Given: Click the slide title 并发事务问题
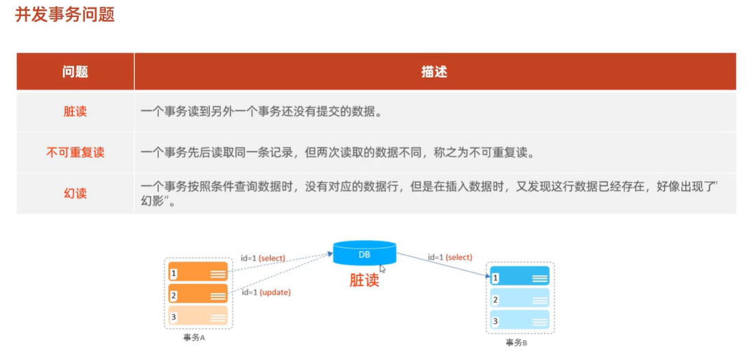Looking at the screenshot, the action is coord(64,15).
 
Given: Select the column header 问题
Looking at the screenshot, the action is coord(75,71).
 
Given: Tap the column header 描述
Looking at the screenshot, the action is coord(434,71).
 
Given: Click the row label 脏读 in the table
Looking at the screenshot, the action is coord(75,112).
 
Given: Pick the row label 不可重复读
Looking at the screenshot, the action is coord(75,152).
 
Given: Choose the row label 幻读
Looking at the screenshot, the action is coord(75,193).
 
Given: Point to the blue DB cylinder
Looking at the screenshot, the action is coord(364,254).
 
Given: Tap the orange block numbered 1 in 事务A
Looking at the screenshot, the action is coord(198,273).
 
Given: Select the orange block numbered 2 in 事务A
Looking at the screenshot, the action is coord(198,294).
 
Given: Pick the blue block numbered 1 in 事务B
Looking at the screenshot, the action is coord(519,278).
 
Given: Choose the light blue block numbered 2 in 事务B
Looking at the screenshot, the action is coord(519,299).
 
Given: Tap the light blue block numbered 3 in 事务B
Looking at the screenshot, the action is coord(519,321).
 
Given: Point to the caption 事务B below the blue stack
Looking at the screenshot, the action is coord(517,343).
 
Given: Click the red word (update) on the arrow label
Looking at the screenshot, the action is coord(274,292).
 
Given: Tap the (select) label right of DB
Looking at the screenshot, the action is coord(459,257).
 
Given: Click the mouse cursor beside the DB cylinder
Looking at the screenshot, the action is coord(383,269).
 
